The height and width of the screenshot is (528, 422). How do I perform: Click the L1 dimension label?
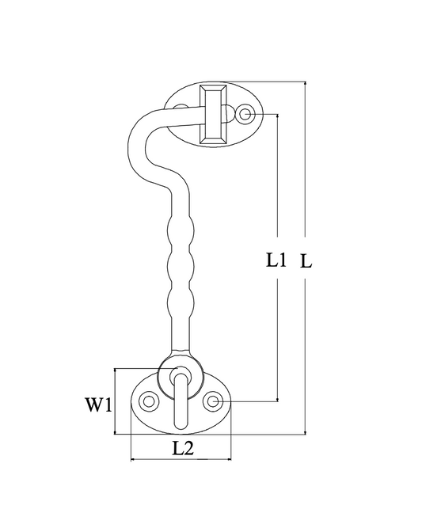276,260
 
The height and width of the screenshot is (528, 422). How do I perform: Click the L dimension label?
306,261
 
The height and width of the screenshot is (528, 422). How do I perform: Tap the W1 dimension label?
97,405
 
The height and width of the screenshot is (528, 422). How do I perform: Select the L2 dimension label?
183,449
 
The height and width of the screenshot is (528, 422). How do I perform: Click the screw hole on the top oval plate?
246,114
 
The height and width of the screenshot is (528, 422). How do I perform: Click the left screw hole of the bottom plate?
149,401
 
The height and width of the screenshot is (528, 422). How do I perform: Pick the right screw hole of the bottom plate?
212,401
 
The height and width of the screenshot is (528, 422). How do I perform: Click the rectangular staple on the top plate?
213,115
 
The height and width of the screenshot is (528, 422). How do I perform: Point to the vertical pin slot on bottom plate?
181,401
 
